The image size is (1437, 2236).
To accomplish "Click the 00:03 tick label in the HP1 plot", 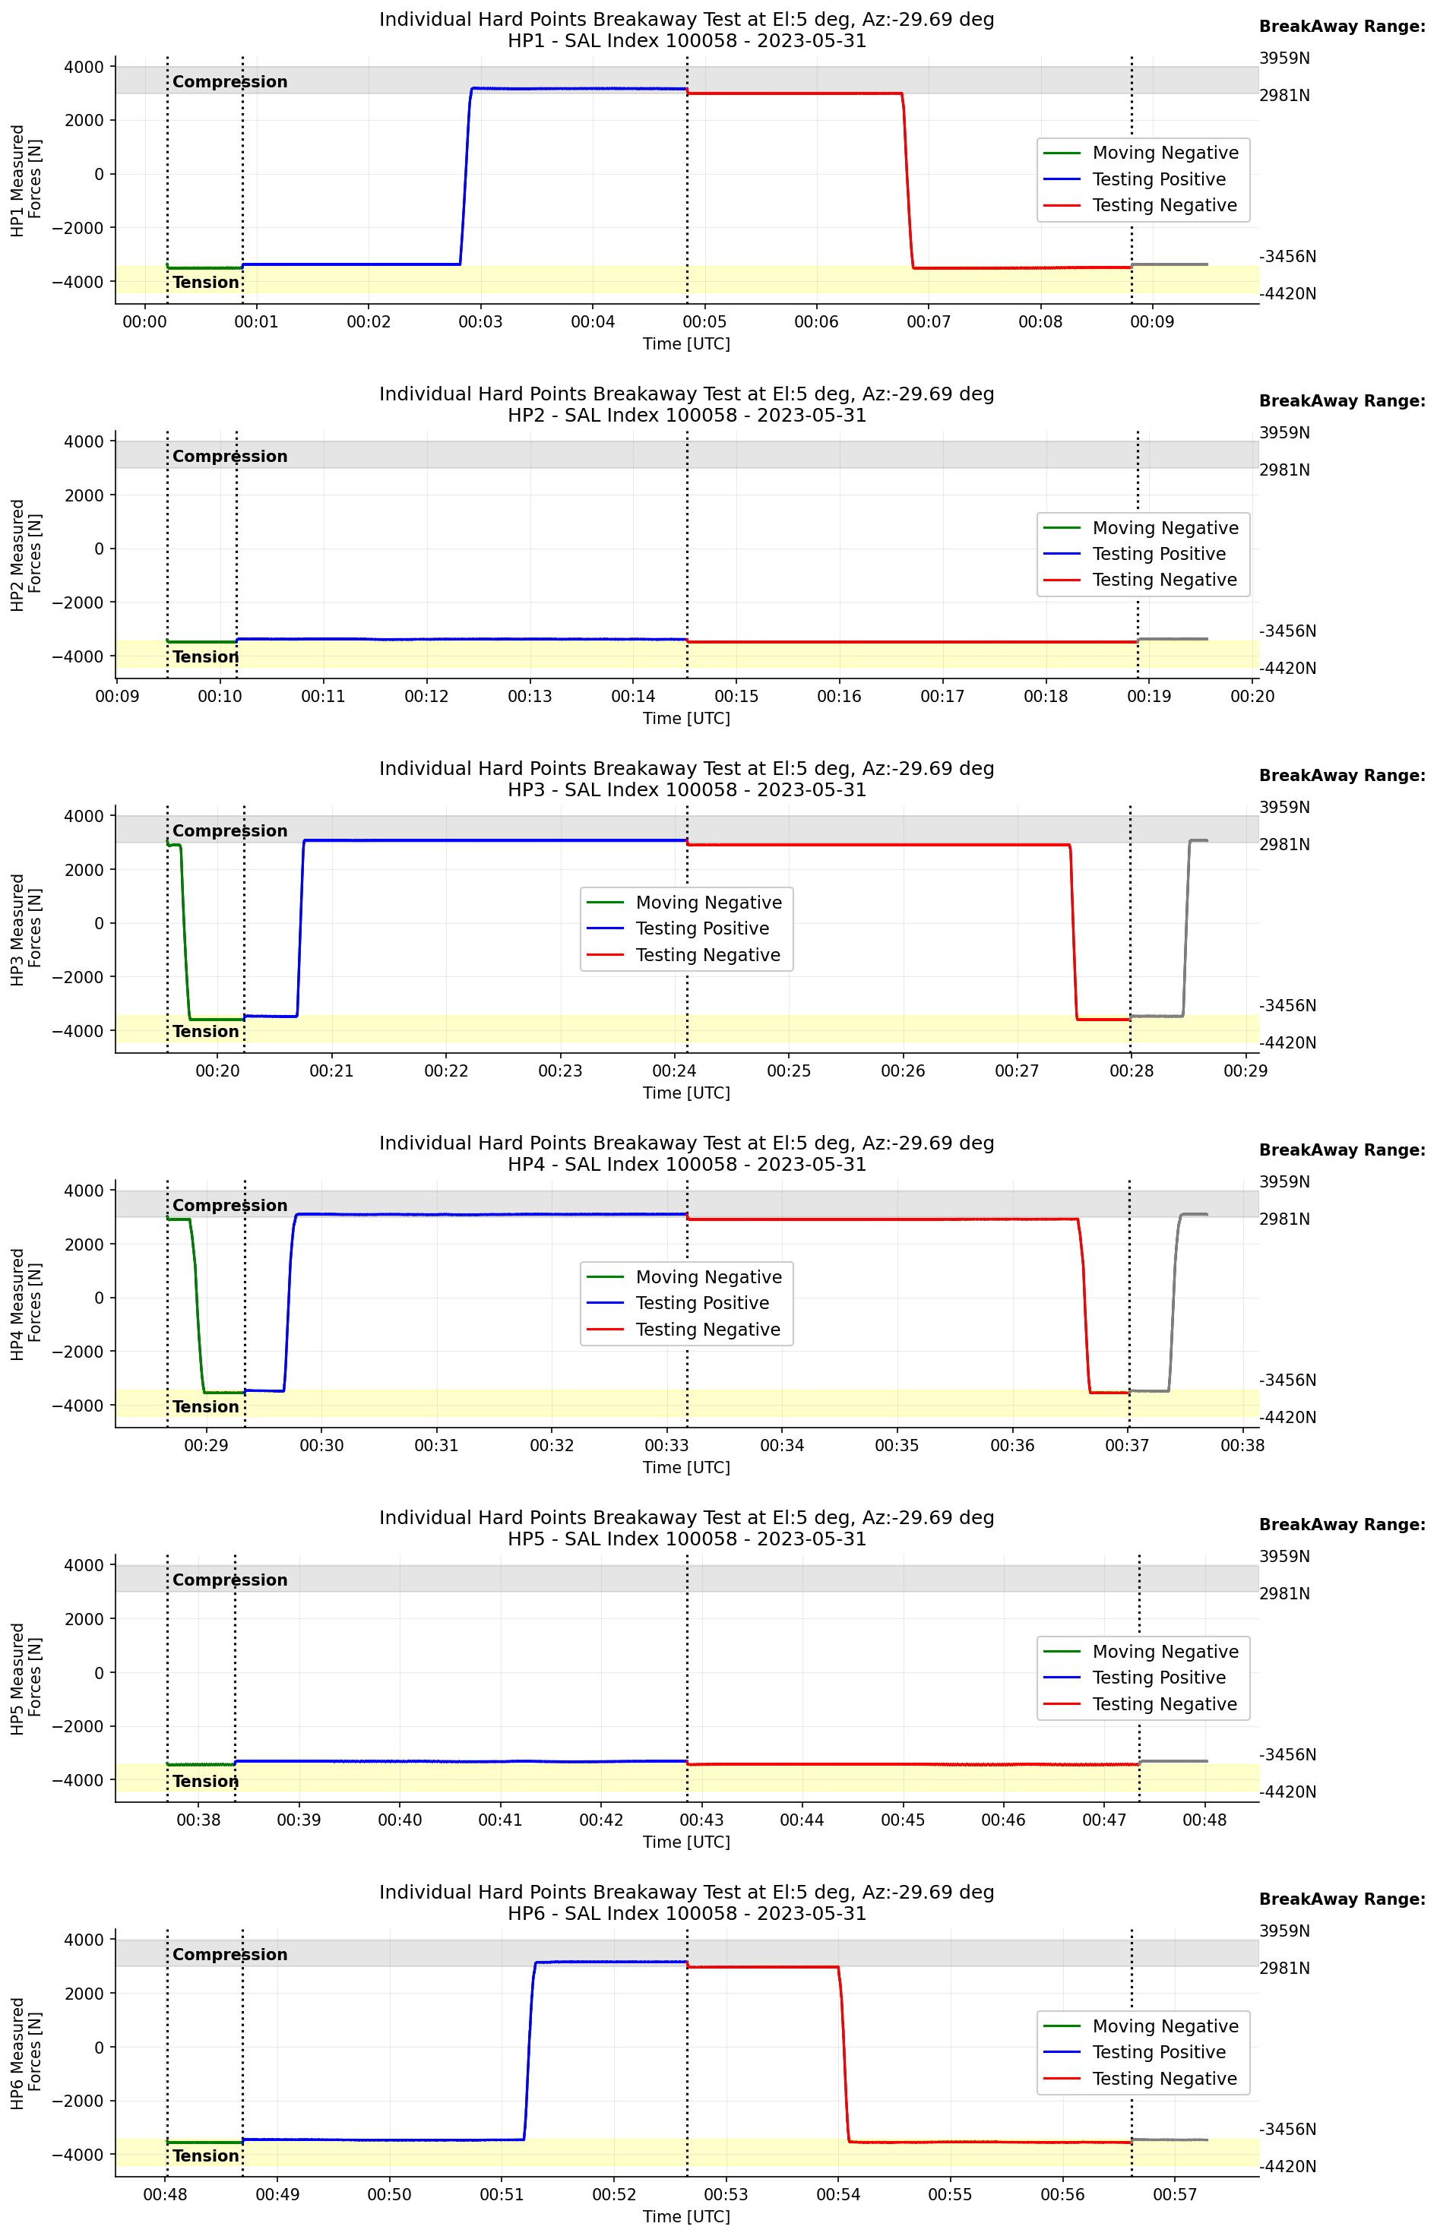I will tap(480, 322).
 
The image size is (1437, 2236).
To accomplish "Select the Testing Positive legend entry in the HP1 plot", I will tap(1158, 179).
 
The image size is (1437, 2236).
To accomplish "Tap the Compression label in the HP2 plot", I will tap(229, 456).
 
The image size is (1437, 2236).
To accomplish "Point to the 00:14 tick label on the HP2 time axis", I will tap(633, 696).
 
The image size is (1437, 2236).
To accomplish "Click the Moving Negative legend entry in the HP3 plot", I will tap(708, 902).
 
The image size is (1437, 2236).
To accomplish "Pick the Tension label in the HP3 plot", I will tap(205, 1032).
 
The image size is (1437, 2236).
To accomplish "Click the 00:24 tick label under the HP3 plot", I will tap(674, 1071).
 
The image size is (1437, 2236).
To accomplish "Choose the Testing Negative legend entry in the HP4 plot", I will tap(707, 1330).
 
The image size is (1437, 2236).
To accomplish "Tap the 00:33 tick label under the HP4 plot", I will tap(666, 1445).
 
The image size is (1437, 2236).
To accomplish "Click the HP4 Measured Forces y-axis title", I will tap(26, 1304).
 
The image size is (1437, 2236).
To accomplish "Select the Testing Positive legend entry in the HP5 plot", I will tap(1158, 1678).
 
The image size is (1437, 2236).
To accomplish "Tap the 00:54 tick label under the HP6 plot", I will tap(838, 2195).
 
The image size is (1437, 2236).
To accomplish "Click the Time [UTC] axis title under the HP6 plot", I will tap(686, 2216).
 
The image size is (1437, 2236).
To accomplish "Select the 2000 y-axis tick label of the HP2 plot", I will tap(84, 495).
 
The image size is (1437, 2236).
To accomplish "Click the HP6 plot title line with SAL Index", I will tap(686, 1913).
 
